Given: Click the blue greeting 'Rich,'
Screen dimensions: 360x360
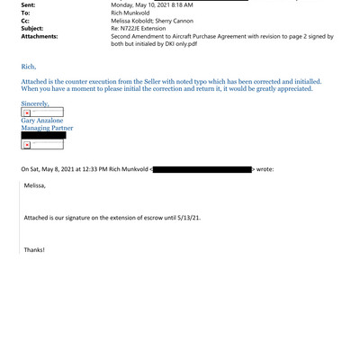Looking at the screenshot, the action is [x=29, y=67].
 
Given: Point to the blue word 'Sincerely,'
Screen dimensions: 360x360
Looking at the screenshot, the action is [x=38, y=104].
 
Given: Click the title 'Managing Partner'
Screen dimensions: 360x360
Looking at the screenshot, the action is [x=47, y=129].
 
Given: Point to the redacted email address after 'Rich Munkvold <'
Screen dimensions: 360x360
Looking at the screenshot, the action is [x=202, y=168].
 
